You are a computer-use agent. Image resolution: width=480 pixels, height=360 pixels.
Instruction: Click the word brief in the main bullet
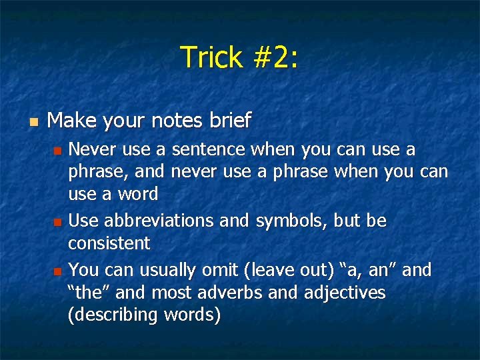coord(229,121)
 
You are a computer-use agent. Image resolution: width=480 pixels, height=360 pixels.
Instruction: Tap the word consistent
coord(109,243)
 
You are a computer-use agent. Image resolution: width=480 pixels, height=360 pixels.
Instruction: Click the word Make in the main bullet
coord(73,121)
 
